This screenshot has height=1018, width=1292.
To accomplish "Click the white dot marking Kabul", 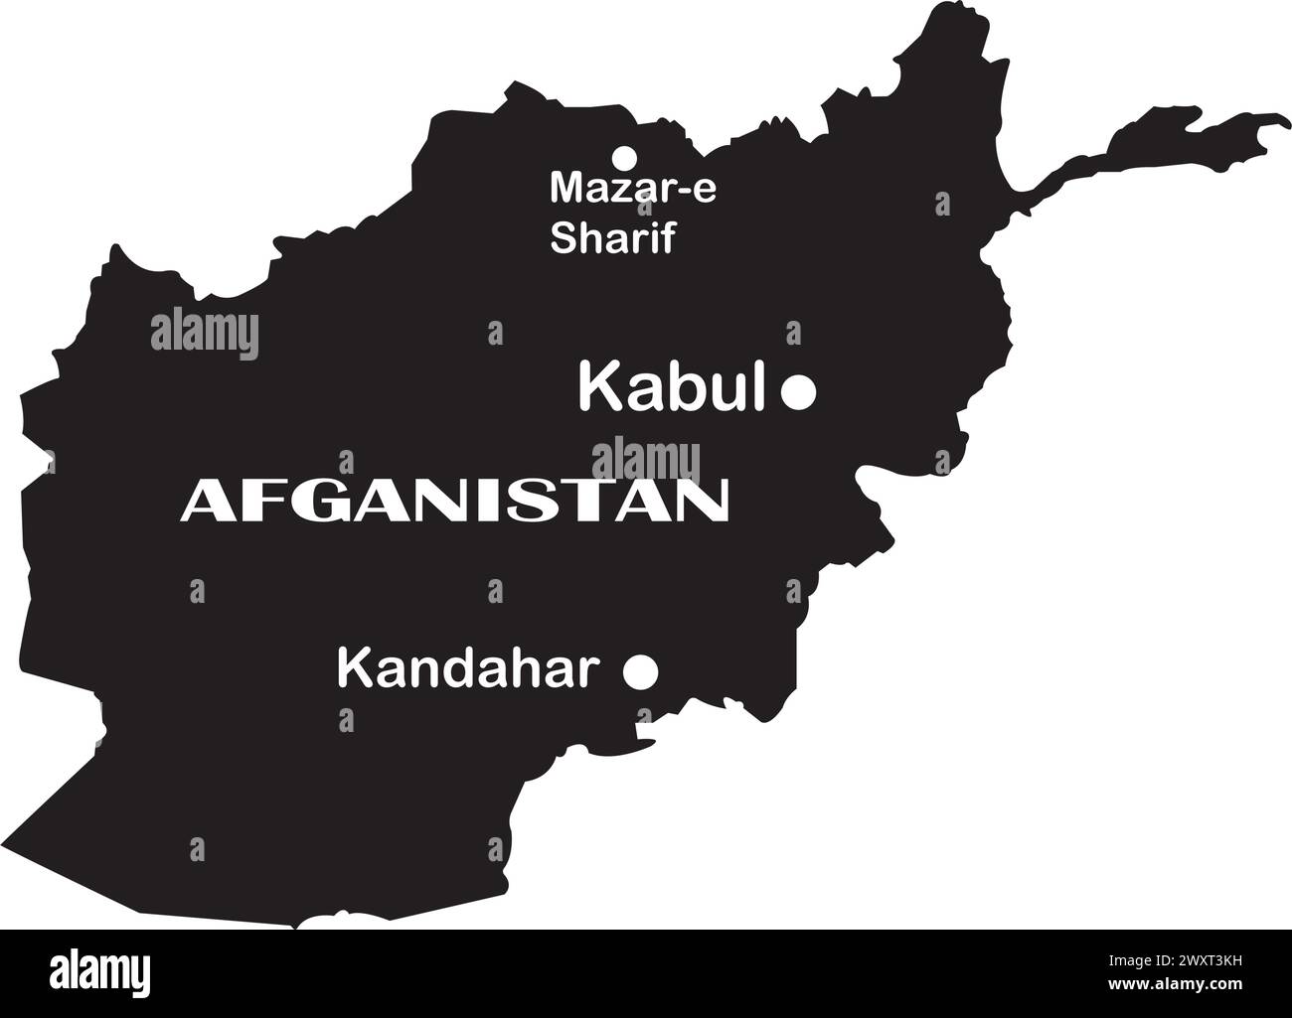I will point(798,392).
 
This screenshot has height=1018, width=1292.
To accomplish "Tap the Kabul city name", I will point(672,387).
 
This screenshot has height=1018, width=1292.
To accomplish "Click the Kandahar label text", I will point(469,668).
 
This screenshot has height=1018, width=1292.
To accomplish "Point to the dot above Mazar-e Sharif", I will point(624,157).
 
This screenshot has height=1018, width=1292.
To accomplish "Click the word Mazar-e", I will point(632,188).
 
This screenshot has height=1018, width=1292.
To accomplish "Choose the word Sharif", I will point(612,238).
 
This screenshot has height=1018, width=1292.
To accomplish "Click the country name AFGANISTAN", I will point(453,501).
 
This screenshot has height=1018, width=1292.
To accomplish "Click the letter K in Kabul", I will point(599,387).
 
